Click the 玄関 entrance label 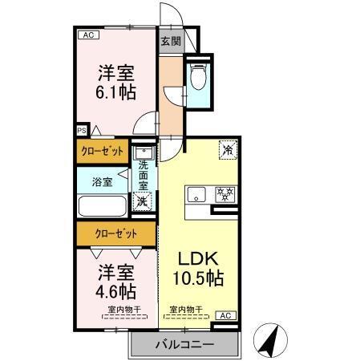[171, 41]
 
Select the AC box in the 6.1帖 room [88, 34]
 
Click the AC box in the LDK [226, 315]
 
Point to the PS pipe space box [82, 131]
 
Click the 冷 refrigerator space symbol [229, 149]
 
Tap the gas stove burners [225, 194]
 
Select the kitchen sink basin [196, 194]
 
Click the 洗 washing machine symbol [142, 201]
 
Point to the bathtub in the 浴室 [103, 206]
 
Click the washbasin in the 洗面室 [144, 152]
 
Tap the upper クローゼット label [103, 152]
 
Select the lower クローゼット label [116, 234]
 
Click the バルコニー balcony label [184, 344]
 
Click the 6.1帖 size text [115, 92]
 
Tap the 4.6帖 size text [115, 291]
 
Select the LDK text [198, 258]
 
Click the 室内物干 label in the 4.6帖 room [124, 310]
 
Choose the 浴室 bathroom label [102, 182]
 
